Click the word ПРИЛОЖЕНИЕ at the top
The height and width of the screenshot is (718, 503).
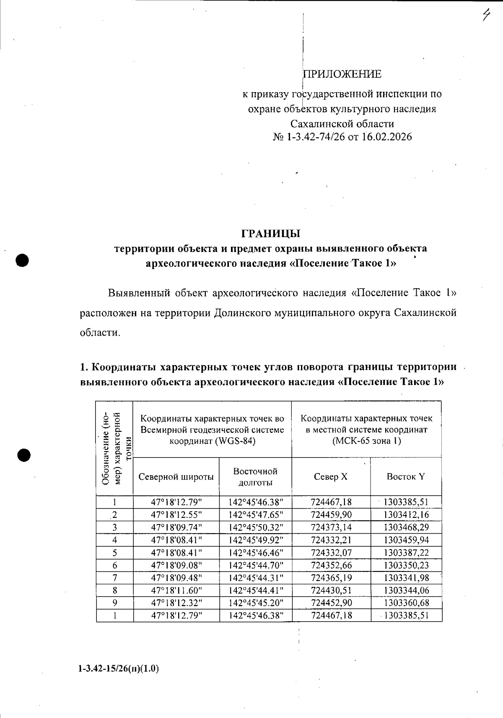tap(342, 74)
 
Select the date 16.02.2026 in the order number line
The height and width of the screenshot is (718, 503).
tap(387, 137)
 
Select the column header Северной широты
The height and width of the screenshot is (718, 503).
tap(176, 477)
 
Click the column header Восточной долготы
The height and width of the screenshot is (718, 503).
tap(255, 477)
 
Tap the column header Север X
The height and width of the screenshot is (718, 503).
tap(331, 477)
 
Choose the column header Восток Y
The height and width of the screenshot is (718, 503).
tap(405, 477)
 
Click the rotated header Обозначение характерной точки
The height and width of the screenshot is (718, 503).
tap(114, 448)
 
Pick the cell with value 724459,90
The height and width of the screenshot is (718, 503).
tap(331, 514)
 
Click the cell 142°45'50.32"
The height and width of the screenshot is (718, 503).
tap(255, 527)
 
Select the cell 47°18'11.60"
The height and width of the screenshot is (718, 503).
tap(176, 590)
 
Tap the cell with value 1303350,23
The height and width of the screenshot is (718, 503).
tap(406, 565)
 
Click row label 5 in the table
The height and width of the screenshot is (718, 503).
tap(114, 553)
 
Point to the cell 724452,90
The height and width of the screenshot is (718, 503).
tap(331, 603)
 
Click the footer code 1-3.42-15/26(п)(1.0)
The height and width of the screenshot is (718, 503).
tap(118, 669)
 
